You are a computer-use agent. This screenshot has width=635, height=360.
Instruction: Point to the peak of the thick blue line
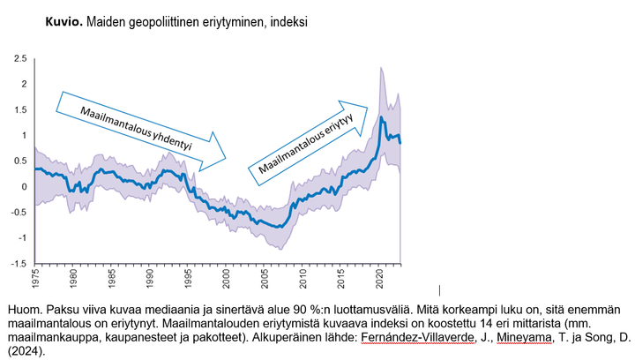(381, 116)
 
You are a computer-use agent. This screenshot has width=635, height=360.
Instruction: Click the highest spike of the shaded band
(381, 68)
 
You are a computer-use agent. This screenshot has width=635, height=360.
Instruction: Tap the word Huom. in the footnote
(23, 310)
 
